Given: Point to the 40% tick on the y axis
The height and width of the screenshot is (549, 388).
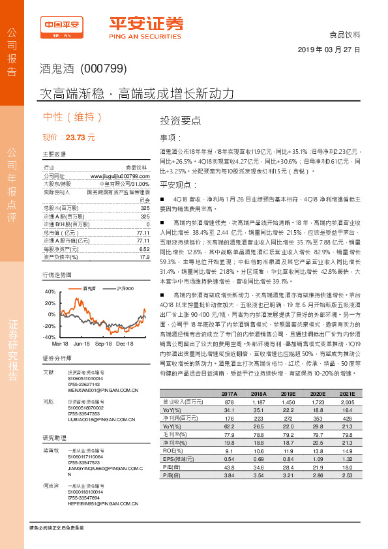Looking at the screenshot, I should [x=50, y=292].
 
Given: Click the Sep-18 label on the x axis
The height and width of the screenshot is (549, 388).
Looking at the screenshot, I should [x=104, y=342].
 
